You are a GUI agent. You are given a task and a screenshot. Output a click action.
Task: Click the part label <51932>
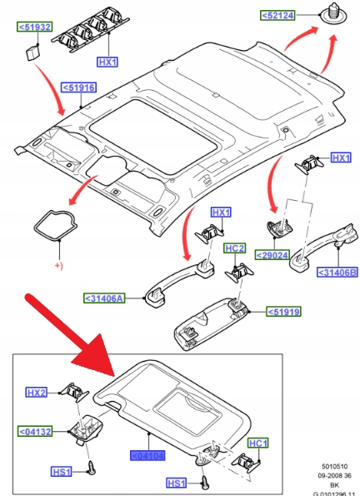tap(35, 27)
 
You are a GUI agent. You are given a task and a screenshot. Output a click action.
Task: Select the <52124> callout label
tap(277, 15)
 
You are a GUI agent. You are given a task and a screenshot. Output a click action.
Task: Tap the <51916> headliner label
tap(79, 88)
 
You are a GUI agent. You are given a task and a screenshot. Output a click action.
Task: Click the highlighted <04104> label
tap(147, 456)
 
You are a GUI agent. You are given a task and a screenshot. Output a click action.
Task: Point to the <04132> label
tap(35, 432)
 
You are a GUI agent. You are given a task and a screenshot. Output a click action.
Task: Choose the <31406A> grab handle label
tap(104, 298)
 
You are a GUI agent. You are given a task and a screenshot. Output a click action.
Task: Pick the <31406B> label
tap(337, 273)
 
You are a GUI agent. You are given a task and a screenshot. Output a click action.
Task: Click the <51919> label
tap(283, 312)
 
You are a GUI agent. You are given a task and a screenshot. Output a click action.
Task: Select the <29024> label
tap(272, 255)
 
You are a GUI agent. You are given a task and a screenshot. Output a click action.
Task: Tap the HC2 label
tap(235, 248)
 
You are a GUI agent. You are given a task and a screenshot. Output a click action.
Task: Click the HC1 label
tap(258, 443)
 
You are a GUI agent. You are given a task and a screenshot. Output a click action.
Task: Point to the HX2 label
tap(36, 393)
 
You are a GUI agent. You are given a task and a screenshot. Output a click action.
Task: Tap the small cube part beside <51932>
tap(32, 53)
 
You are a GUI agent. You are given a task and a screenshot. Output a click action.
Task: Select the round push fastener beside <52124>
tap(333, 15)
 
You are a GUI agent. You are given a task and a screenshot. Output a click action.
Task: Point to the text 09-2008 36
tap(335, 475)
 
